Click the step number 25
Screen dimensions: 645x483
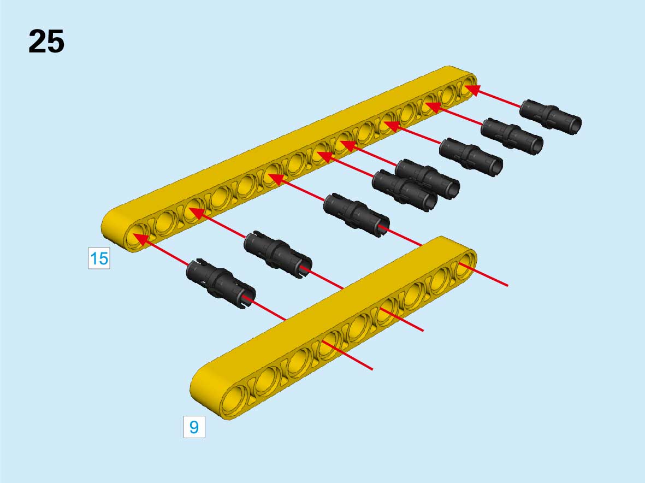46,42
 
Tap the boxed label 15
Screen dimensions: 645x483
99,258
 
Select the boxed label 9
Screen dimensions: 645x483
194,427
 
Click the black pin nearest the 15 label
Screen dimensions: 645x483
221,284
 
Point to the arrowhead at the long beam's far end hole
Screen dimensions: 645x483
471,90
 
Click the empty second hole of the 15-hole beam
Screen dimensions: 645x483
167,222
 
